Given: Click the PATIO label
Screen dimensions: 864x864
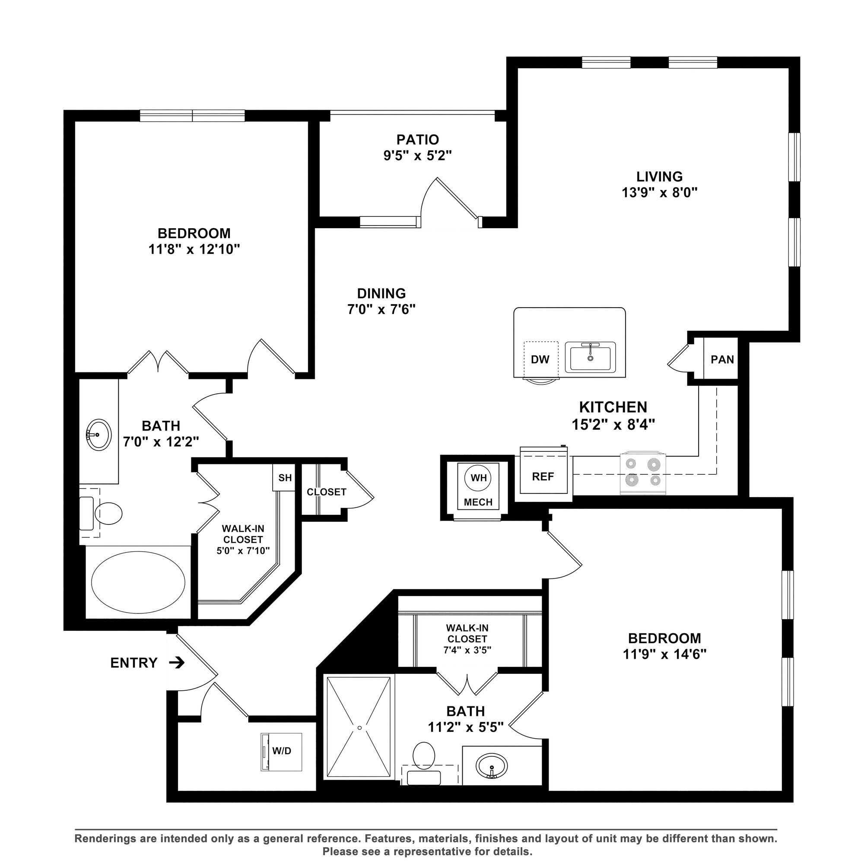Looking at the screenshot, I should [x=418, y=140].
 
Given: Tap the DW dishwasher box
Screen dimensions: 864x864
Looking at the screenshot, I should [x=540, y=359].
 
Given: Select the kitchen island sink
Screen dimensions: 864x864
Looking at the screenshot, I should [x=590, y=357].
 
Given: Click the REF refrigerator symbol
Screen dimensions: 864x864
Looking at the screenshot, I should [x=543, y=477].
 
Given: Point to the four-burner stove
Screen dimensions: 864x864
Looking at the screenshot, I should [x=643, y=473].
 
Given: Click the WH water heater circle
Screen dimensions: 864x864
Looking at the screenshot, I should [x=479, y=478].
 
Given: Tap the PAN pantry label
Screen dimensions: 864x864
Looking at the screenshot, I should [x=722, y=359].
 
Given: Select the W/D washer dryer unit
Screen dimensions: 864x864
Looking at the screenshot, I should [x=281, y=751].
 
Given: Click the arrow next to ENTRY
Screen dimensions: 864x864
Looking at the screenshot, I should [x=178, y=662].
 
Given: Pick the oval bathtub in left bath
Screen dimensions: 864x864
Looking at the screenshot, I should [x=138, y=582].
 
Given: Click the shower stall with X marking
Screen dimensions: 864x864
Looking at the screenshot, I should [x=359, y=727].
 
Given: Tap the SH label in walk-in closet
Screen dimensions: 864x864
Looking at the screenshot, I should [x=285, y=478].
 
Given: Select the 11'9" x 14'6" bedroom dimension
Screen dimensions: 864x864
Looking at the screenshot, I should [x=664, y=654].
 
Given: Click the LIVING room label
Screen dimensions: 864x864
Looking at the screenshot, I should [x=660, y=176].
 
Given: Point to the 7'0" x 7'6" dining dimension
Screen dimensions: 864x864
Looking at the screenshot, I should [x=381, y=309].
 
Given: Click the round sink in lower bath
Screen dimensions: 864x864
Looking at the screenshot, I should [x=492, y=765].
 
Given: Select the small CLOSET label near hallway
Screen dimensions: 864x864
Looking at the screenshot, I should [x=327, y=492].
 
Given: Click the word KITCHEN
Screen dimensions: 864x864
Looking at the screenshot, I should [x=613, y=407].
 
